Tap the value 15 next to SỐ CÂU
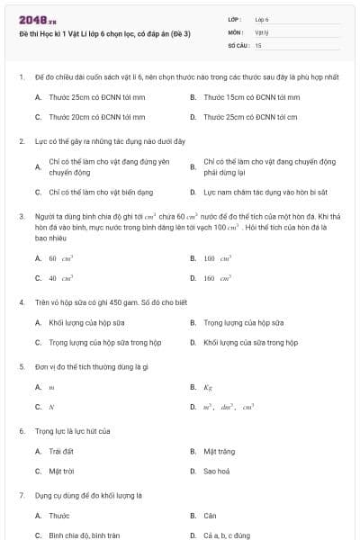259,44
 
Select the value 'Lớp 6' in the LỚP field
262,19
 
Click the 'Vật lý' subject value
262,31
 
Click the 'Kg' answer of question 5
208,387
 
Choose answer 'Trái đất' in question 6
62,451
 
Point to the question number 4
21,301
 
